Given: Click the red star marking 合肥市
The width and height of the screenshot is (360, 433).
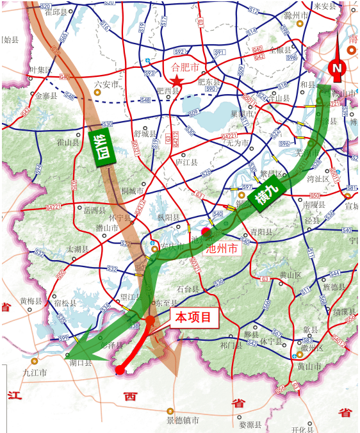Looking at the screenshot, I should click(x=177, y=81).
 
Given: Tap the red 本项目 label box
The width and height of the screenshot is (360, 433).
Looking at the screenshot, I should click(x=194, y=318).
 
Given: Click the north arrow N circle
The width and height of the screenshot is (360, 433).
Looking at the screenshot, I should click(x=337, y=68).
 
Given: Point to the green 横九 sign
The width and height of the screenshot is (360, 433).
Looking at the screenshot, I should click(x=265, y=197).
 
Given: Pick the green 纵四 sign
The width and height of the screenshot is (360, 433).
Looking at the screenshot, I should click(x=100, y=149).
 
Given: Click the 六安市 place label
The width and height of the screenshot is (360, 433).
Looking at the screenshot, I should click(x=106, y=84).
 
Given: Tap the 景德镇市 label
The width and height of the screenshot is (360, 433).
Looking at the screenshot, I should click(x=183, y=420).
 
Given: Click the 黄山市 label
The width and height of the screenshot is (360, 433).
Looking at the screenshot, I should click(x=309, y=366).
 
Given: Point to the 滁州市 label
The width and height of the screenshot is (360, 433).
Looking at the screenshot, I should click(x=297, y=14).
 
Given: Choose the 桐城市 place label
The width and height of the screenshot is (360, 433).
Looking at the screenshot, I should click(x=133, y=191).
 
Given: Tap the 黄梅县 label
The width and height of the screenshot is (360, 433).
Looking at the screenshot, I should click(x=31, y=300).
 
